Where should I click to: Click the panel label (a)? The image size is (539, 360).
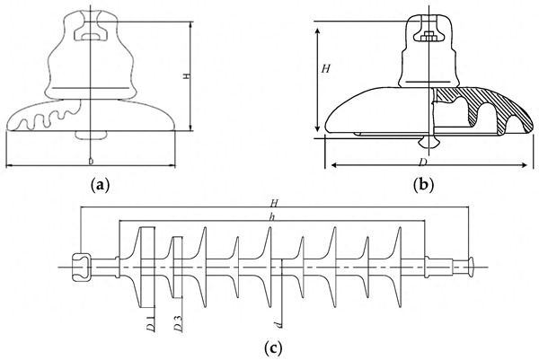[101, 186]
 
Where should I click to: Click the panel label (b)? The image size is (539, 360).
[423, 186]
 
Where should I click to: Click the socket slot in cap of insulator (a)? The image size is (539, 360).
[90, 36]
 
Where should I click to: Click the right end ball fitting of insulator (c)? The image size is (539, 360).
[471, 265]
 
